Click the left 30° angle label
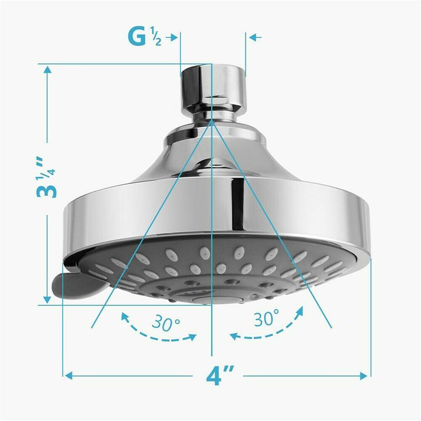pyautogui.click(x=164, y=322)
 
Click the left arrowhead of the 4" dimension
pyautogui.click(x=69, y=376)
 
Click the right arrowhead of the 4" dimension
pyautogui.click(x=365, y=376)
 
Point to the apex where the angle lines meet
pyautogui.click(x=212, y=120)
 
